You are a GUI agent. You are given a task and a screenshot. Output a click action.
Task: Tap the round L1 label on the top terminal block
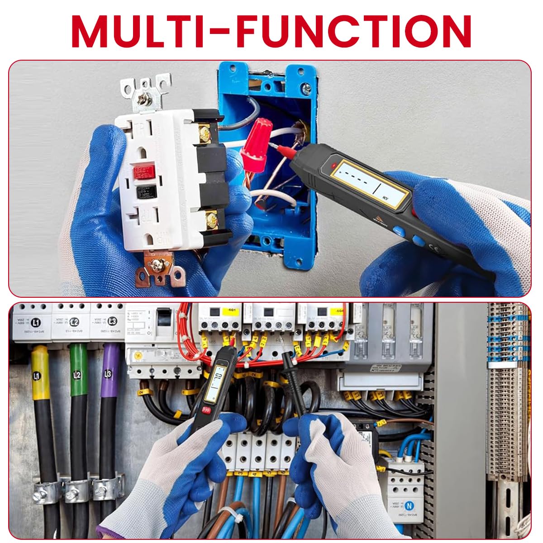coord(36,323)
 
